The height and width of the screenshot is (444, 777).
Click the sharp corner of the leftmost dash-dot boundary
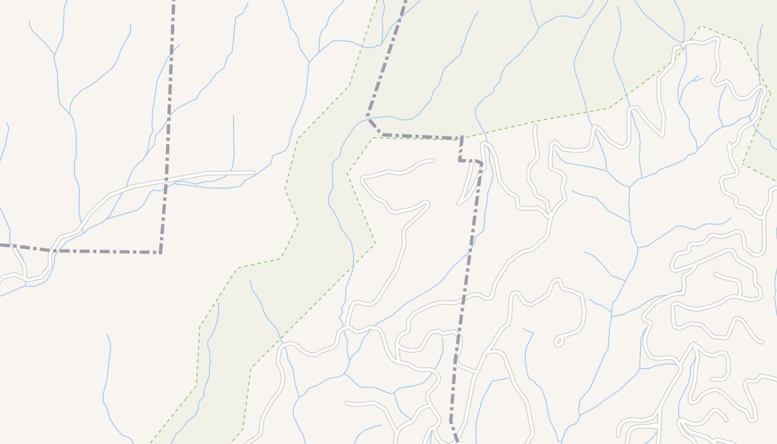[160, 253]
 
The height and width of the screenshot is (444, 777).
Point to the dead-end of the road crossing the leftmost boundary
[254, 173]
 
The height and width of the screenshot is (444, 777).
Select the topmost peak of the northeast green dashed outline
[701, 26]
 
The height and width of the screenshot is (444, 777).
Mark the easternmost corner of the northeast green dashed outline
[770, 94]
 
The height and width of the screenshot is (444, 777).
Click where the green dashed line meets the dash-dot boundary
[462, 137]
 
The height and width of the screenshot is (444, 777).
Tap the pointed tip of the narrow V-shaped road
[459, 203]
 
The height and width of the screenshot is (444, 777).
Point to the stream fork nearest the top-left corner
[54, 56]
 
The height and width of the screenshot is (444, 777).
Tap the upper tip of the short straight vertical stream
[233, 115]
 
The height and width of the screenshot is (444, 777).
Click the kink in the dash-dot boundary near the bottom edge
[451, 422]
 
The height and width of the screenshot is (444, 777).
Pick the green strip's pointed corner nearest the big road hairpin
[375, 243]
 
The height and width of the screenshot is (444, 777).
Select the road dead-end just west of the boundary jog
[432, 161]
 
